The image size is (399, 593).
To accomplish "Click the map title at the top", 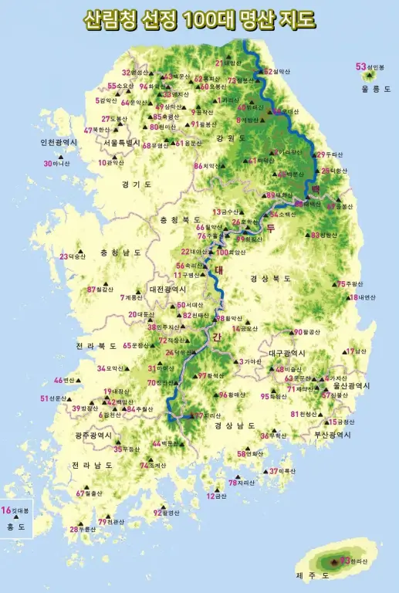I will click(x=199, y=19).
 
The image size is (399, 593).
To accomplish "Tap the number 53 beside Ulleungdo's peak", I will click(x=360, y=66).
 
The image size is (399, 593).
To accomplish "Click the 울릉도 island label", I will click(x=376, y=90).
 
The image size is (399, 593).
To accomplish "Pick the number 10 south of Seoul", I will click(x=102, y=163).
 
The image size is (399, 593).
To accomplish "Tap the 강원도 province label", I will click(x=231, y=138).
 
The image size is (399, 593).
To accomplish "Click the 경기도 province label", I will click(x=137, y=185).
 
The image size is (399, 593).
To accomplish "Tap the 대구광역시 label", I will click(x=287, y=353).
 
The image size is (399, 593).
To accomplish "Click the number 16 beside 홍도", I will click(x=6, y=510).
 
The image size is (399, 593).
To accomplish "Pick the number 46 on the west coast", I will click(x=58, y=381).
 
